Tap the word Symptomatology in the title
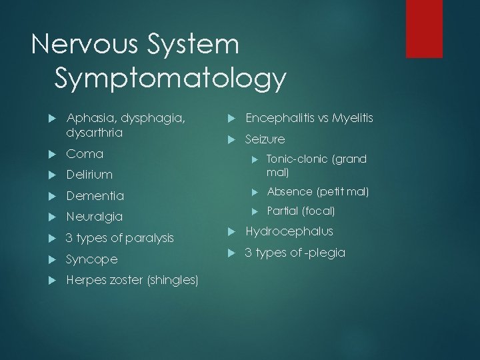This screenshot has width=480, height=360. click(x=171, y=79)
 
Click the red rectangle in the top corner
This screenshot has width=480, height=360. click(x=425, y=28)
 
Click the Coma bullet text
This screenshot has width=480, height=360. click(x=85, y=154)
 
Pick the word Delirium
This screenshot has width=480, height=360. click(x=89, y=175)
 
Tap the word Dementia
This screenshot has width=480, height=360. click(x=95, y=196)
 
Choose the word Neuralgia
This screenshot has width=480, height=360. click(x=95, y=217)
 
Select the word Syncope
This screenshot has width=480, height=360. click(x=92, y=259)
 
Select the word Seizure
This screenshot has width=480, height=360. click(x=265, y=139)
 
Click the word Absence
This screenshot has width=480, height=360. click(x=290, y=191)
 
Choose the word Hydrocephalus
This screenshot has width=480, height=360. click(x=289, y=231)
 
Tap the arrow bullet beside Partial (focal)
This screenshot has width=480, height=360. click(x=254, y=211)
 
